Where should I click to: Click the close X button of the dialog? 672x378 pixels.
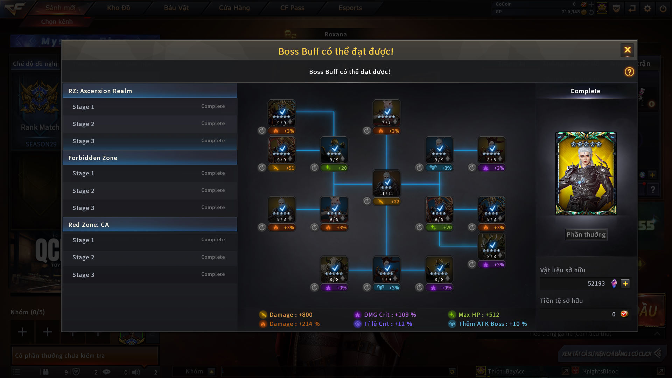[627, 50]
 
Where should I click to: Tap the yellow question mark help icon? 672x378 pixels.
[629, 72]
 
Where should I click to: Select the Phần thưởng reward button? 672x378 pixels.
[586, 234]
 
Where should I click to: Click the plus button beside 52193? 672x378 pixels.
[625, 283]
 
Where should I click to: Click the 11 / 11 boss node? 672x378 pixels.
[387, 183]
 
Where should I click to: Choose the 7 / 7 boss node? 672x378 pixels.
[387, 112]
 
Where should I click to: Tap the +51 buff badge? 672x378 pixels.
[282, 168]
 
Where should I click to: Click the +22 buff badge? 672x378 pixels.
[387, 202]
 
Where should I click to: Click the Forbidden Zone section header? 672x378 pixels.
[150, 158]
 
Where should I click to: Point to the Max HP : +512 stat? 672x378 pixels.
[478, 315]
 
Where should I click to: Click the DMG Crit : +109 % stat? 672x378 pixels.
[390, 315]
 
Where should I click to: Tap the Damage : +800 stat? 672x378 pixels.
[290, 315]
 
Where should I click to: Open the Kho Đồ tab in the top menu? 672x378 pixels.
[119, 8]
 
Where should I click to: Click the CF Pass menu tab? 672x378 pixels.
[292, 8]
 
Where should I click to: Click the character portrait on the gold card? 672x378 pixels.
[586, 173]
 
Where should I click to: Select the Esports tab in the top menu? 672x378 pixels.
[350, 8]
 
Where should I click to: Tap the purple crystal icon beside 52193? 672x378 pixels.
[614, 283]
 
